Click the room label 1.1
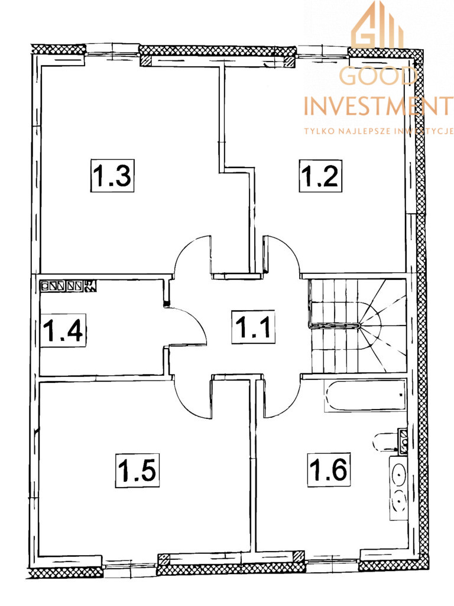(x=254, y=327)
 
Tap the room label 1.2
(x=320, y=175)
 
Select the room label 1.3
(x=112, y=175)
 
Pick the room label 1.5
(x=137, y=470)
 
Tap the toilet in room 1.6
(x=390, y=441)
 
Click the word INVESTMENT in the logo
(x=379, y=105)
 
